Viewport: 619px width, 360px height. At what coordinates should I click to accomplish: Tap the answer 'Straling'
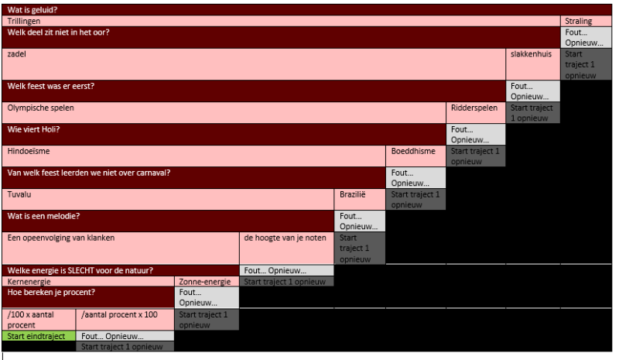tap(579, 21)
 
